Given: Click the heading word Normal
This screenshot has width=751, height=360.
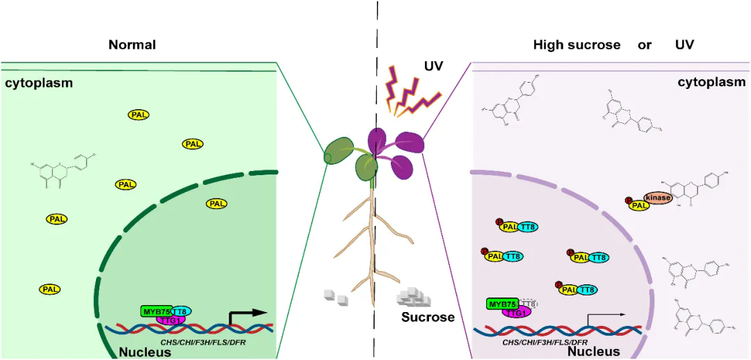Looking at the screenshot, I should tap(131, 45).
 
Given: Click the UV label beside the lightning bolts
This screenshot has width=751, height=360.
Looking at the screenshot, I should tap(434, 67).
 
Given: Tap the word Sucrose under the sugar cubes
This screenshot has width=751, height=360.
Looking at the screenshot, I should tap(427, 318).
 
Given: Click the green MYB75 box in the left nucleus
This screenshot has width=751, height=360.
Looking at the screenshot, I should tap(156, 311).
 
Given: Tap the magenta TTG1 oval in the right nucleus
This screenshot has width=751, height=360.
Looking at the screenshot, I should tap(515, 313).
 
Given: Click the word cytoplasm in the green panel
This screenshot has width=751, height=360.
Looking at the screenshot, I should tap(40, 83).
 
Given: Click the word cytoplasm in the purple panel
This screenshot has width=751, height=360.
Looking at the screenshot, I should tap(711, 82).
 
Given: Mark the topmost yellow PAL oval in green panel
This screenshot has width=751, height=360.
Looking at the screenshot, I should tap(138, 114).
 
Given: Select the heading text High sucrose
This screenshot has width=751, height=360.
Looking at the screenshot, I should tap(576, 45).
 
